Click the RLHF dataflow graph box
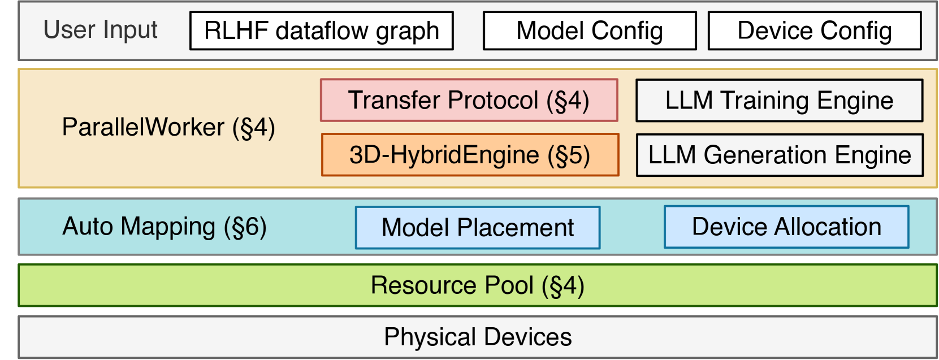[x=321, y=31]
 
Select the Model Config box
[x=589, y=31]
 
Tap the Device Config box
[x=814, y=31]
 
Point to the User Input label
[x=100, y=29]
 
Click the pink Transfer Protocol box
[x=469, y=100]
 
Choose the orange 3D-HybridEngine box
[x=470, y=155]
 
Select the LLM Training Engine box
[x=779, y=101]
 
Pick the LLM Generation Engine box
[x=779, y=155]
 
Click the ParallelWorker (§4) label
[x=168, y=127]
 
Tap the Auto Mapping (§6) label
[x=164, y=227]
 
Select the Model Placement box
[x=477, y=228]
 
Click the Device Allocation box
[x=786, y=227]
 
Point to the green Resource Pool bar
[x=477, y=285]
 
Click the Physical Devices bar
[x=477, y=337]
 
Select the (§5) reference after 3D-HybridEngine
[x=568, y=155]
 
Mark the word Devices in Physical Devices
[x=528, y=337]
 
